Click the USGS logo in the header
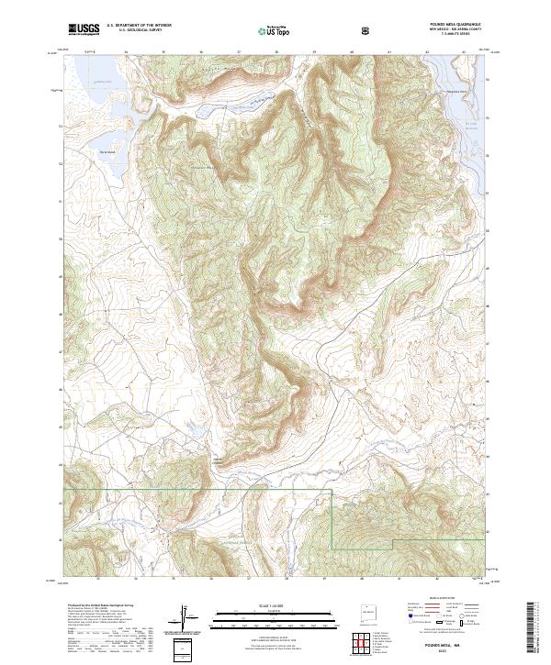(84, 29)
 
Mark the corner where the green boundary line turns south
(332, 492)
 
